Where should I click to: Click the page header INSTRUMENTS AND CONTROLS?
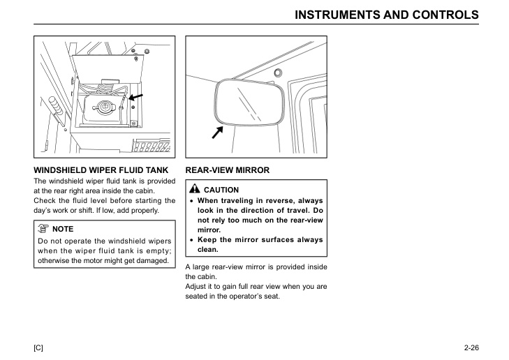[x=386, y=15]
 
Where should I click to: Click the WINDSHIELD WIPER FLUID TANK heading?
[x=101, y=170]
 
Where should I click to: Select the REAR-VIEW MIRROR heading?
[x=227, y=170]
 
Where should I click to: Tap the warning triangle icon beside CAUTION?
[x=193, y=190]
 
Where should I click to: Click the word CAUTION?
[x=221, y=190]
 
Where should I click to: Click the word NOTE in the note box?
[x=63, y=229]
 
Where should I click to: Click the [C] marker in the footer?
[x=38, y=347]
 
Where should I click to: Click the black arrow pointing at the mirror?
[x=217, y=133]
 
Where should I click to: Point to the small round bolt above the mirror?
[x=278, y=73]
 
